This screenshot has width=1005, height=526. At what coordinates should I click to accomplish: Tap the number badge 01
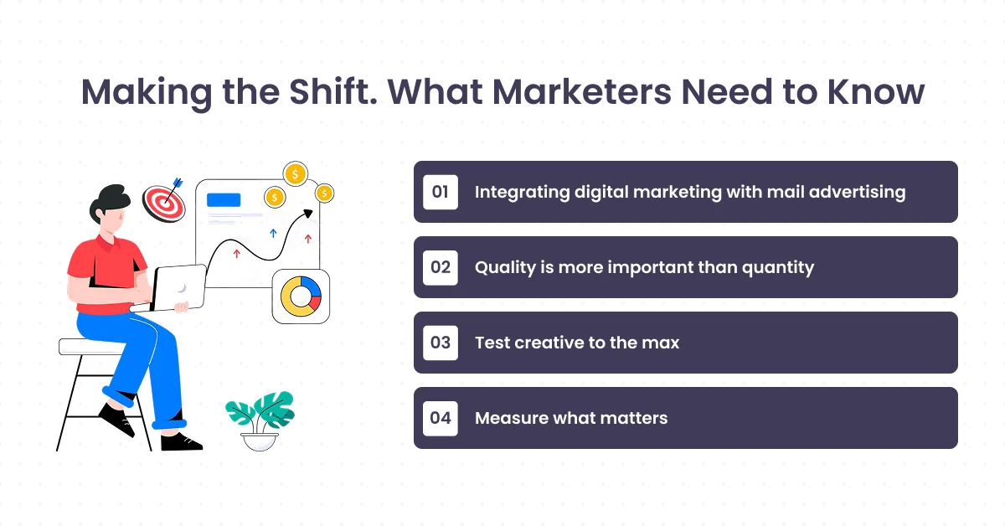coord(441,192)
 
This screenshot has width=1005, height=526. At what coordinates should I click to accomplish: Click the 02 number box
coord(441,267)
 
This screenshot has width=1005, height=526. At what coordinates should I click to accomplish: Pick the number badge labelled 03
coord(441,343)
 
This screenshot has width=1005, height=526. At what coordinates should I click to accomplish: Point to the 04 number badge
coord(441,418)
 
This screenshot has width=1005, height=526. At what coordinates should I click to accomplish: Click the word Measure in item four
coord(512,418)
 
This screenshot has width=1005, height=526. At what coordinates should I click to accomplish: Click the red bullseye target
coord(162,203)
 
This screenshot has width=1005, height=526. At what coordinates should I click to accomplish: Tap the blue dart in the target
coord(178,182)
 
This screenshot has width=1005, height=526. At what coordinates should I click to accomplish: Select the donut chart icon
coord(301,297)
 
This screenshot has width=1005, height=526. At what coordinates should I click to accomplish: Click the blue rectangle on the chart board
coord(224,200)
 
